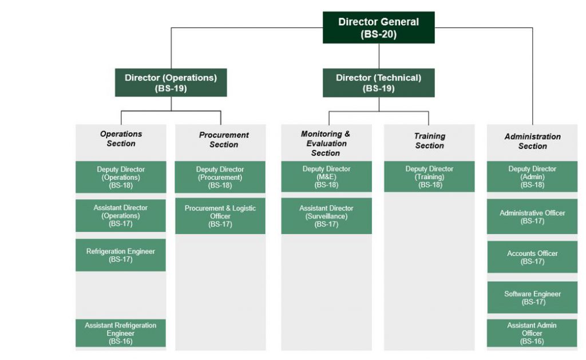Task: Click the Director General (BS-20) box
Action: tap(379, 27)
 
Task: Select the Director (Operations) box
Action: tap(171, 82)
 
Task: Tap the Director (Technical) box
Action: tap(379, 82)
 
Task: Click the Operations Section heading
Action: tap(121, 139)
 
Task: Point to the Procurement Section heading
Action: tap(224, 140)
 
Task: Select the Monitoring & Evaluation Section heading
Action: tap(326, 144)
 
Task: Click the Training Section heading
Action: tap(430, 141)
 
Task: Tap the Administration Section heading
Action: tap(533, 141)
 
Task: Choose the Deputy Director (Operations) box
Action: tap(121, 177)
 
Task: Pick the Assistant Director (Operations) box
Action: tap(121, 216)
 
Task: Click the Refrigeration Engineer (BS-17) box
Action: tap(121, 255)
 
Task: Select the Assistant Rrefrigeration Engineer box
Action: tap(121, 333)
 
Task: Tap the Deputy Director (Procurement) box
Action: tap(220, 177)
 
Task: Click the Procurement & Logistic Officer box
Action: tap(220, 216)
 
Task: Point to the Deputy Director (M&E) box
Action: tap(326, 177)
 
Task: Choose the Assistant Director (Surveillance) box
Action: tap(326, 216)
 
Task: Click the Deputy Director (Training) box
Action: tap(429, 177)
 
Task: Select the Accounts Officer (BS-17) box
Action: tap(532, 257)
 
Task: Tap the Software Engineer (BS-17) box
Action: tap(532, 298)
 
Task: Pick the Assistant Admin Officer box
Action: tap(532, 333)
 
